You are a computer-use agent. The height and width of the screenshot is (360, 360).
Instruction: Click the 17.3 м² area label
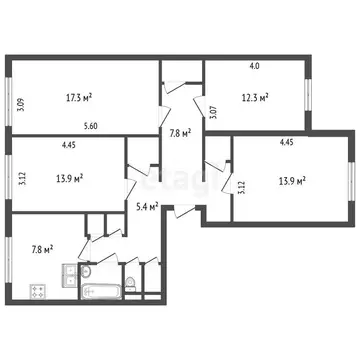point(79,98)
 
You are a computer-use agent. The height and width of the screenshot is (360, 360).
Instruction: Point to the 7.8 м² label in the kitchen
point(41,249)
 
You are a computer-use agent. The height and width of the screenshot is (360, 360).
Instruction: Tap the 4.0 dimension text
point(254,67)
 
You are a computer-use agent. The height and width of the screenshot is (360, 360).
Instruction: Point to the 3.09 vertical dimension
point(20,101)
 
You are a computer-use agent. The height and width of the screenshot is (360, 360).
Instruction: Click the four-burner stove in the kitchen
point(41,291)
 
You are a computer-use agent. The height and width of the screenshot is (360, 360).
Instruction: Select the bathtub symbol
point(102,292)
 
